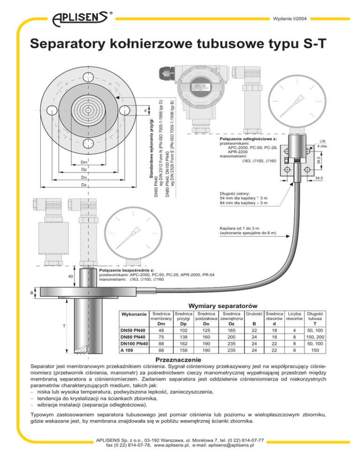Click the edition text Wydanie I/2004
tap(290, 19)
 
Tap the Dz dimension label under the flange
tap(84, 185)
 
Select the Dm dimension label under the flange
tap(84, 162)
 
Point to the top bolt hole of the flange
tap(88, 77)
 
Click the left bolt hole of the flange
tap(52, 110)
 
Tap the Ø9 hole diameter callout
tap(322, 142)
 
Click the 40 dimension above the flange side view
tap(70, 277)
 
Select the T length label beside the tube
tap(64, 326)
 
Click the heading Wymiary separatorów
tap(223, 306)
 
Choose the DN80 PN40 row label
tap(133, 337)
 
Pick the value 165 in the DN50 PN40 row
tap(231, 331)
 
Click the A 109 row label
tap(127, 350)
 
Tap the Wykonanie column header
tap(134, 314)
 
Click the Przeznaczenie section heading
tap(179, 360)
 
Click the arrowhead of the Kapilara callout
tap(288, 236)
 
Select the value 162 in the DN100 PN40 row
tap(183, 344)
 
